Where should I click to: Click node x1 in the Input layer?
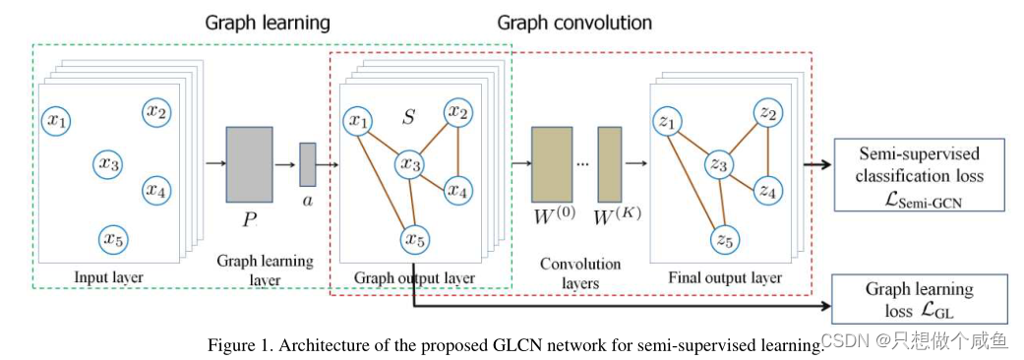(x=57, y=121)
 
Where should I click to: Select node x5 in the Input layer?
(x=114, y=238)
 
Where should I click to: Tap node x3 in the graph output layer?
(x=409, y=164)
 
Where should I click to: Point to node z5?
(x=724, y=239)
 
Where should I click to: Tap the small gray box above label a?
(x=307, y=164)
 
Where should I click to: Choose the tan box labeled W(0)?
(x=551, y=164)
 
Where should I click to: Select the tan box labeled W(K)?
(x=610, y=164)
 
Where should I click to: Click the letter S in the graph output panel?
(x=408, y=118)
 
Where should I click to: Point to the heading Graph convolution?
(x=573, y=22)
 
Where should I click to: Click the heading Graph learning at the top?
(x=268, y=22)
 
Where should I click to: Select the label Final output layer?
(x=725, y=277)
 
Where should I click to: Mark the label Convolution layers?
(x=580, y=273)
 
